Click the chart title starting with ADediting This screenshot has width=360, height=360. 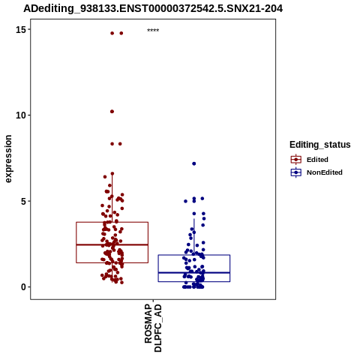(153, 8)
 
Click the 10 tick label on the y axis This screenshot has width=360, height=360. (21, 115)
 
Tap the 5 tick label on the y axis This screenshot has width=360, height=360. (24, 201)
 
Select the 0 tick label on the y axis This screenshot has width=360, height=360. (24, 287)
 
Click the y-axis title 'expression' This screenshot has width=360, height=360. (8, 159)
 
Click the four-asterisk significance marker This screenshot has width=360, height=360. (153, 31)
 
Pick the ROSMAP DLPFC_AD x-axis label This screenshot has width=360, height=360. (153, 328)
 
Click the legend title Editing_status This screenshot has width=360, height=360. (320, 145)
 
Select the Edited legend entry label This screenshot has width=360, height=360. (317, 160)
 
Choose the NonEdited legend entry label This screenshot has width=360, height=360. (325, 172)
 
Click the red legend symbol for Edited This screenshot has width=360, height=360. (296, 159)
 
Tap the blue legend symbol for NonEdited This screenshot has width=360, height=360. (296, 172)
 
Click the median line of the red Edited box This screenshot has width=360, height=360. (112, 244)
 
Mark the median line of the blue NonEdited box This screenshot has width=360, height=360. (194, 272)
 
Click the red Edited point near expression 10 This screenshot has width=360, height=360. (112, 112)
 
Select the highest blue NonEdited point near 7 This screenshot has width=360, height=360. (194, 163)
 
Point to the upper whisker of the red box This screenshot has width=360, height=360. (112, 198)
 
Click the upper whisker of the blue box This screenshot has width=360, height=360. (194, 237)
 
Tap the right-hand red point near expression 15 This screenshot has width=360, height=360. (121, 33)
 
